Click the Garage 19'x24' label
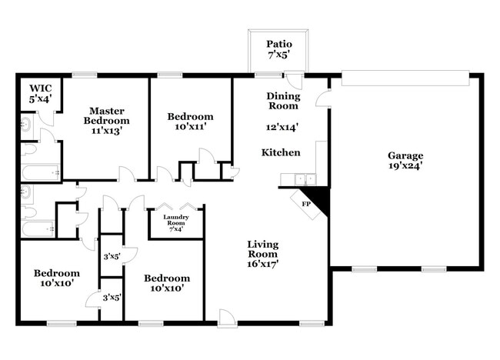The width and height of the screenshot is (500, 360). tap(406, 160)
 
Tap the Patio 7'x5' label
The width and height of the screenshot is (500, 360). tap(278, 50)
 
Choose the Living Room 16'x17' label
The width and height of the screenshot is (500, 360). tap(262, 254)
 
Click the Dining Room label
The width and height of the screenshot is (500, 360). tap(282, 101)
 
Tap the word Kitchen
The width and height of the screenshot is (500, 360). tap(281, 152)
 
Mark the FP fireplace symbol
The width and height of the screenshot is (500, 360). tap(305, 204)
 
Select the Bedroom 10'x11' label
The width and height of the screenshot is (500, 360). tap(188, 122)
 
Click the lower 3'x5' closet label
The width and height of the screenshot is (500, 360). tap(112, 297)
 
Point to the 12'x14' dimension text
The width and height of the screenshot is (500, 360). tap(282, 128)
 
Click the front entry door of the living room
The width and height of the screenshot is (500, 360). tap(226, 316)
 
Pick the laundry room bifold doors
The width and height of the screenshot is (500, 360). tap(175, 207)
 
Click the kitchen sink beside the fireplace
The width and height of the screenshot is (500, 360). tap(291, 180)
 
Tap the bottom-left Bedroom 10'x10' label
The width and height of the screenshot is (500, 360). tap(56, 278)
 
